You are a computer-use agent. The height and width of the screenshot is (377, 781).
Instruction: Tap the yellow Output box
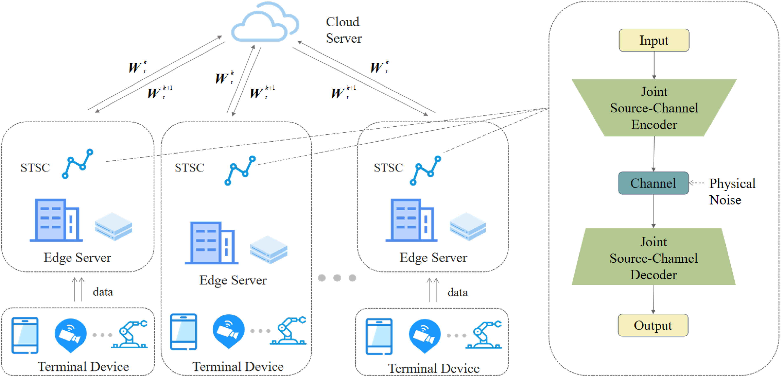pyautogui.click(x=653, y=325)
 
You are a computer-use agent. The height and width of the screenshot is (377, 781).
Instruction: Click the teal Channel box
pyautogui.click(x=653, y=183)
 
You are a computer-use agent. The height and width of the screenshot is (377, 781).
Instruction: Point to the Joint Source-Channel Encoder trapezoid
pyautogui.click(x=654, y=108)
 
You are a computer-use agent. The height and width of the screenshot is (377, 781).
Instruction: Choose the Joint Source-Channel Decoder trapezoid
pyautogui.click(x=653, y=258)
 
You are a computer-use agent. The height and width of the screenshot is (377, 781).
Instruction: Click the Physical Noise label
pyautogui.click(x=732, y=191)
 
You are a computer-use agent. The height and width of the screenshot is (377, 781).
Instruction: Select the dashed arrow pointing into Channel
pyautogui.click(x=697, y=183)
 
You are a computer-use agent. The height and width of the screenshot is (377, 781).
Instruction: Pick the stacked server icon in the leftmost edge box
pyautogui.click(x=113, y=227)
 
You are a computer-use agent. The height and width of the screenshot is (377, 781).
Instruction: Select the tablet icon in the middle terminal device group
pyautogui.click(x=183, y=331)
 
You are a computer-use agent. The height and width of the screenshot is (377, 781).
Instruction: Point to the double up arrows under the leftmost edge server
pyautogui.click(x=78, y=289)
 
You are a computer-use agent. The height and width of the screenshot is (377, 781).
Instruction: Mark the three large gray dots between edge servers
pyautogui.click(x=337, y=278)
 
